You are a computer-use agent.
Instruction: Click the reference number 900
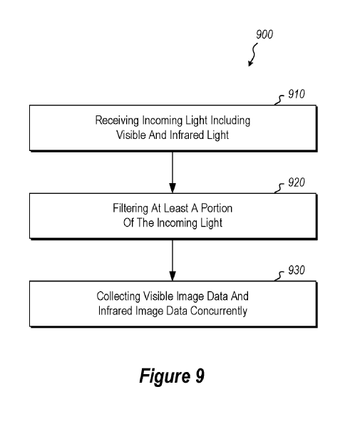point(264,34)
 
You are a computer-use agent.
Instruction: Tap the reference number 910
point(297,94)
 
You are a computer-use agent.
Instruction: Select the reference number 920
point(297,182)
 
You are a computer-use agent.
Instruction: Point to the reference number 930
point(297,270)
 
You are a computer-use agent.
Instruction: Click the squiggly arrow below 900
point(254,55)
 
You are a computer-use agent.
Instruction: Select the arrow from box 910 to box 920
point(173,172)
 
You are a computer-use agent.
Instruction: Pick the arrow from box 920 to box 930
point(173,260)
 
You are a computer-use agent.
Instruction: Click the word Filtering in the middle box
point(130,209)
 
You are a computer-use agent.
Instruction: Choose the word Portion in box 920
point(217,209)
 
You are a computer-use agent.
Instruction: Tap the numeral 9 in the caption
point(200,376)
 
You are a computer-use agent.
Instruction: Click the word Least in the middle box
point(176,209)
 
